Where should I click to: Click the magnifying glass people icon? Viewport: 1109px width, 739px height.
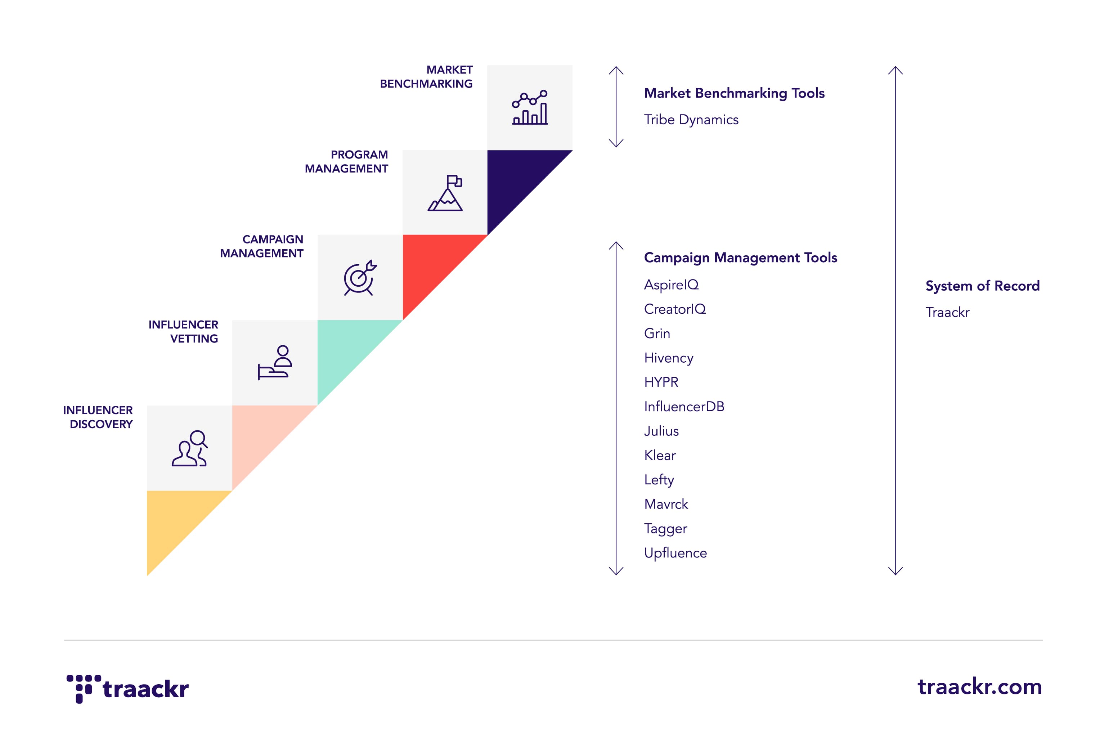point(189,448)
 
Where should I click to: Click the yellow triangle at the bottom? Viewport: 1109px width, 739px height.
point(175,519)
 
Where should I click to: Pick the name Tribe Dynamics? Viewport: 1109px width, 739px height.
point(691,120)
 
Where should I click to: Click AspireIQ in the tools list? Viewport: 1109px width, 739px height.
point(671,285)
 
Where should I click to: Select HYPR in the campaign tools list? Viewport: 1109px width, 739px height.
point(661,382)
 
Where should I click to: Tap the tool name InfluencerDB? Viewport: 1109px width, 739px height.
point(684,407)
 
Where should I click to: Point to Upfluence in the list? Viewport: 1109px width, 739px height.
point(675,553)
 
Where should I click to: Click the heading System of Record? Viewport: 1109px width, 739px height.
point(982,286)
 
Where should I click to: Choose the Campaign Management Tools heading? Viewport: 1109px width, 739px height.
point(740,258)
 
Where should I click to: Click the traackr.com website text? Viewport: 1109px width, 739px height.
point(979,687)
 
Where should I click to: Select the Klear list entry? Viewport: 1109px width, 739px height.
point(660,455)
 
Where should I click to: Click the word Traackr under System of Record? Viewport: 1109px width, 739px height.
point(947,313)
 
